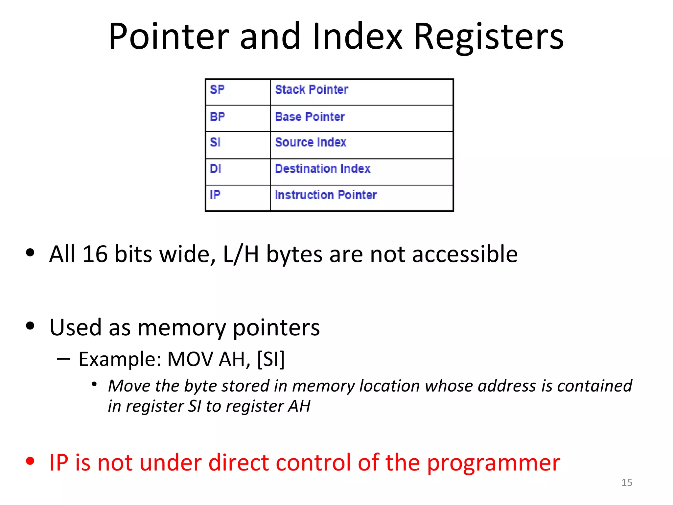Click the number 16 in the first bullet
coord(95,254)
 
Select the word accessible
coord(465,254)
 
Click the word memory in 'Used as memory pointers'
coord(181,328)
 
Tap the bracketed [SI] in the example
coord(271,359)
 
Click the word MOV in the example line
coord(190,359)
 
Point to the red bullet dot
coord(30,461)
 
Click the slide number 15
coord(627,482)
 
